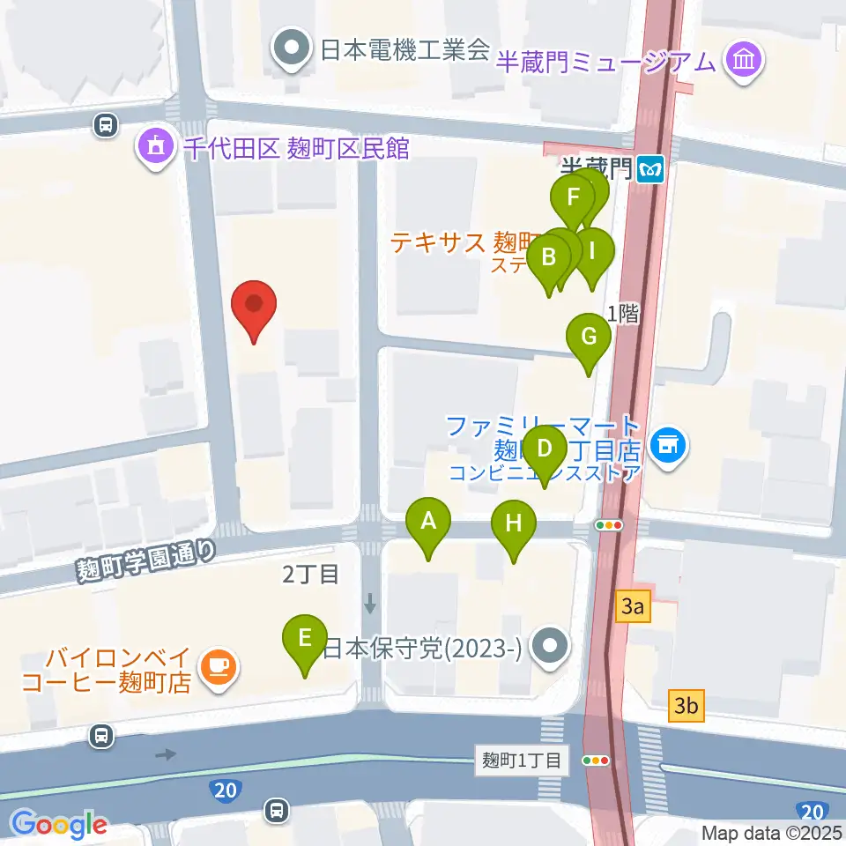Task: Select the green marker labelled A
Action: (x=428, y=522)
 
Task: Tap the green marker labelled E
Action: (x=305, y=638)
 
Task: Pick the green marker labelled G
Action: (x=589, y=337)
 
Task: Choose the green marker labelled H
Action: (x=514, y=524)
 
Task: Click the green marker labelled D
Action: (x=545, y=449)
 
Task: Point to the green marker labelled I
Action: (x=592, y=251)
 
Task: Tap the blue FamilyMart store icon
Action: (x=668, y=446)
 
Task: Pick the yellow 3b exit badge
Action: (x=687, y=706)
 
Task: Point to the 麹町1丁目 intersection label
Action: (x=522, y=761)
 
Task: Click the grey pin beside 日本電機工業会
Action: (x=293, y=51)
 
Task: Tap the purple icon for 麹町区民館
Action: (x=157, y=147)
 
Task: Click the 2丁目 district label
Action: (x=310, y=575)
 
